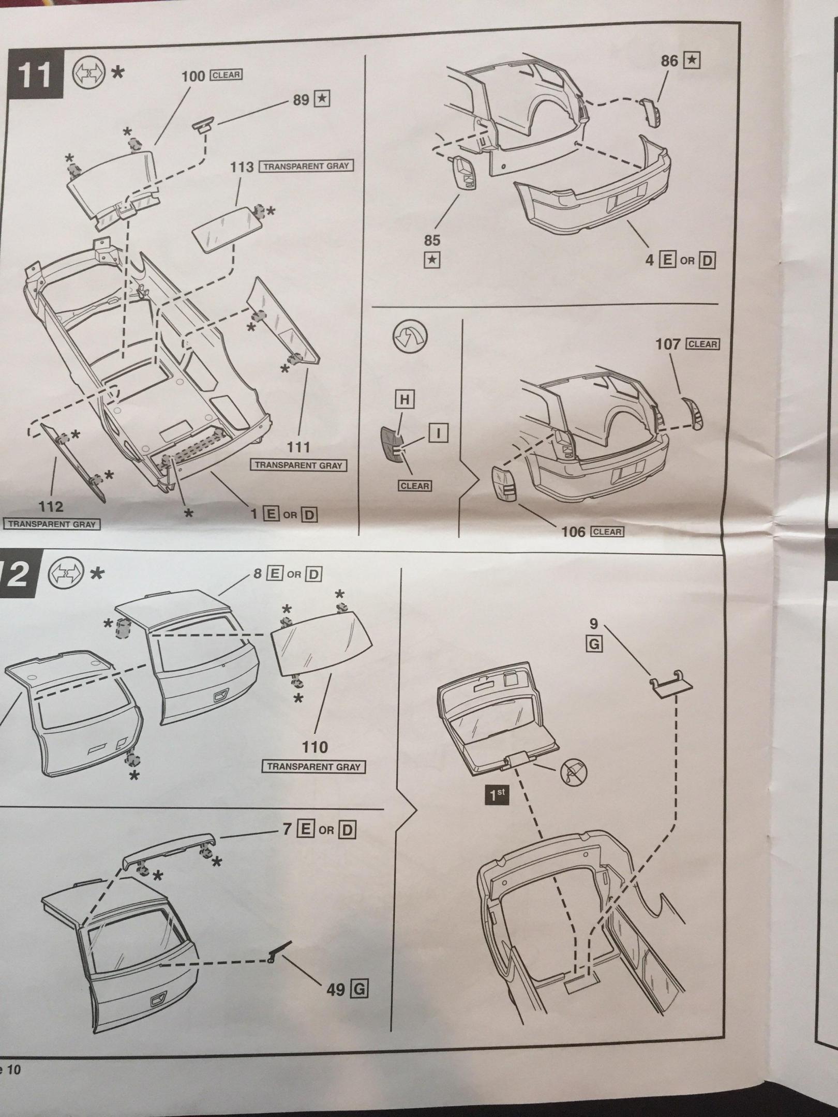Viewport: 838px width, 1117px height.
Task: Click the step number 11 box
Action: (x=35, y=76)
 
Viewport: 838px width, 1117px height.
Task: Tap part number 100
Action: (x=193, y=76)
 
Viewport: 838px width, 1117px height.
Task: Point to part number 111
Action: (x=298, y=447)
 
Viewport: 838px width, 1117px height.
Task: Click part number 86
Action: (x=669, y=61)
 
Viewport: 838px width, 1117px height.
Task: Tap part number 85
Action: (x=432, y=240)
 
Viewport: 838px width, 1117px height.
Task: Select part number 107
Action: (x=668, y=344)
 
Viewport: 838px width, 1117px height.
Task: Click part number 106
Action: (x=573, y=532)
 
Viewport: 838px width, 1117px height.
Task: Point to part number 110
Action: (x=315, y=747)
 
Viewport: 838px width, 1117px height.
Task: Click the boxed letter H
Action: (x=405, y=399)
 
